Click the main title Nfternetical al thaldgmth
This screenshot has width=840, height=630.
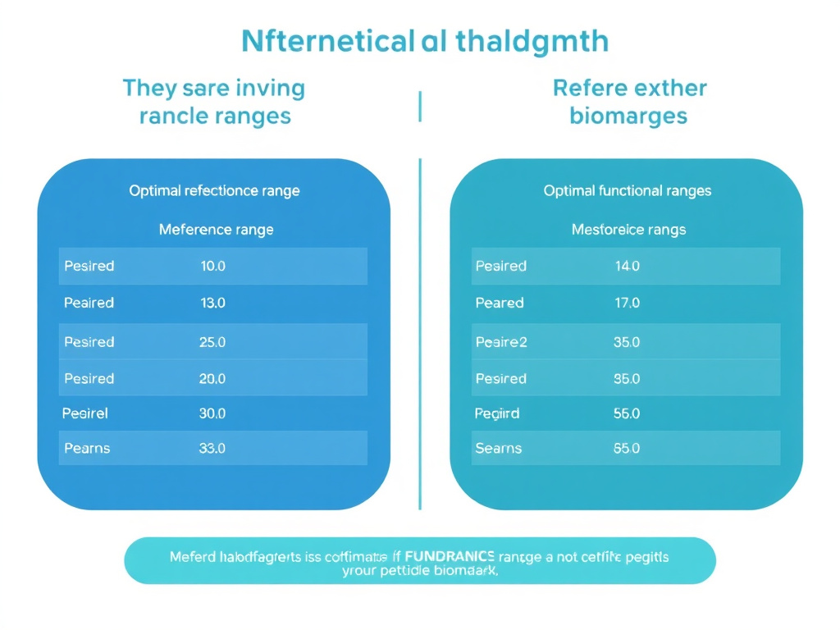[x=425, y=40]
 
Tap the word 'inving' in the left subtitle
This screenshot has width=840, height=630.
[x=270, y=88]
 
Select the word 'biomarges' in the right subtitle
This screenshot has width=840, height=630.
[x=628, y=116]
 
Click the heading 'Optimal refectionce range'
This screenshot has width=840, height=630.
[x=214, y=190]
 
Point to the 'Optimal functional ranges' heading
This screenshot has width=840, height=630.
[x=628, y=190]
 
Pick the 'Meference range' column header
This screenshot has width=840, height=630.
[x=216, y=230]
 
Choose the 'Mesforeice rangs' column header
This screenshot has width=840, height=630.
[x=628, y=230]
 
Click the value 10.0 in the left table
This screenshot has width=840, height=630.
[x=212, y=266]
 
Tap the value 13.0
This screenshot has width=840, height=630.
[x=212, y=303]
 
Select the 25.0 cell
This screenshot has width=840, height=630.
[x=212, y=342]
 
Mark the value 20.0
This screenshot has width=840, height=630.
[x=212, y=378]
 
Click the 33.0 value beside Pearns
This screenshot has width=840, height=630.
[x=212, y=448]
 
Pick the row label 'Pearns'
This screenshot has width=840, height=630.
[x=87, y=448]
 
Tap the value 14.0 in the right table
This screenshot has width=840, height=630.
[x=627, y=266]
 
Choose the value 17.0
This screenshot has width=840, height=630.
[x=627, y=303]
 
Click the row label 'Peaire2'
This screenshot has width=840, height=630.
[x=501, y=342]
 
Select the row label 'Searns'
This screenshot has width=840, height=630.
[x=499, y=448]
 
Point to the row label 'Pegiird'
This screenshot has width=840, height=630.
[x=497, y=413]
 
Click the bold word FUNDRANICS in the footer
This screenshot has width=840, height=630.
[x=450, y=556]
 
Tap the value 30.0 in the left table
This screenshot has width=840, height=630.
[x=212, y=413]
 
